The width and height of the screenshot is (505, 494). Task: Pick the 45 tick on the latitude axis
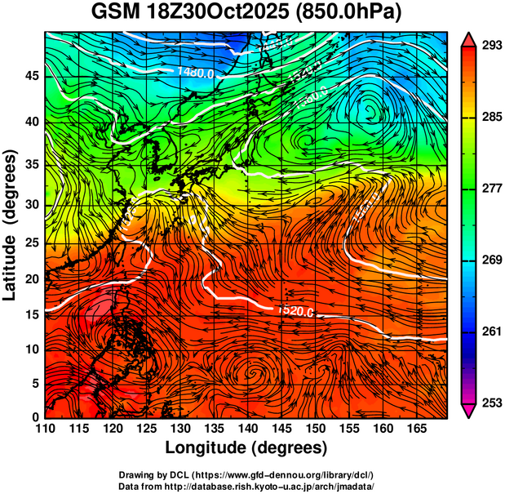point(30,76)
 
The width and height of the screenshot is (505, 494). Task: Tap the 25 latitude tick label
point(30,243)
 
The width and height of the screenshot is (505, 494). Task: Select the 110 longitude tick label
point(45,429)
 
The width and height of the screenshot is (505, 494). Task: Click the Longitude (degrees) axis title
point(246,448)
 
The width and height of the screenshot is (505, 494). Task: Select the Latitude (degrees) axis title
point(11,225)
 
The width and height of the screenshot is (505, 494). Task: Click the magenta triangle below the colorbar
point(469,411)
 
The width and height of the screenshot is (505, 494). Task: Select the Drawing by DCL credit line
point(246,474)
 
